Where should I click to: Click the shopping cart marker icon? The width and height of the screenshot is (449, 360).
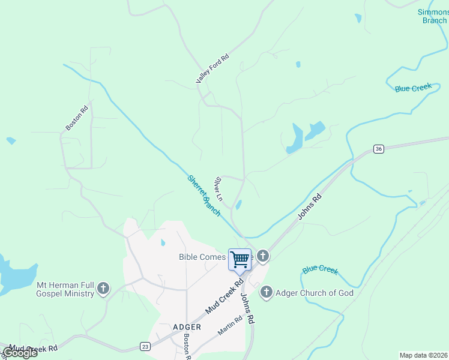click(x=240, y=259)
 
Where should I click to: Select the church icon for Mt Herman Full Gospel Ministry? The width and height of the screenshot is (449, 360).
click(x=103, y=289)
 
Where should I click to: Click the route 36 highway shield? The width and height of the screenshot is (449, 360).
click(x=378, y=149)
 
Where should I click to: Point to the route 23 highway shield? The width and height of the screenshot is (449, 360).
click(x=145, y=346)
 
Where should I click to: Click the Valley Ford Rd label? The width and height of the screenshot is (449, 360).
click(x=212, y=69)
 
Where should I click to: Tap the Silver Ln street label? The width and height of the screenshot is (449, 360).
click(x=219, y=188)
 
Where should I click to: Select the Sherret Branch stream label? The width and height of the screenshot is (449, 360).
click(x=204, y=195)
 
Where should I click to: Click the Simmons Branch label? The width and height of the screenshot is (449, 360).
click(x=433, y=16)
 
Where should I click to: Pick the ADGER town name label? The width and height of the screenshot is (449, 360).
click(x=186, y=327)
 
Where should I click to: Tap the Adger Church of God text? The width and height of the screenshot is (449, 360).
click(x=315, y=293)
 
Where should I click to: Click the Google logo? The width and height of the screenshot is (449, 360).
click(x=20, y=353)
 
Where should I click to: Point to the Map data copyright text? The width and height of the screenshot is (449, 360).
click(x=423, y=355)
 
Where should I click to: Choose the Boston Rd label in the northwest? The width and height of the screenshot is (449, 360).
click(x=77, y=118)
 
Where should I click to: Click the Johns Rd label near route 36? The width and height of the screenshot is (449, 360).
click(x=309, y=207)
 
